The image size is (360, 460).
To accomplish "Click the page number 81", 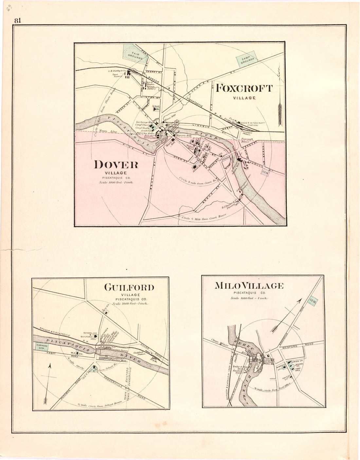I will (x=18, y=20).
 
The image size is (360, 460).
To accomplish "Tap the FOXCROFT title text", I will (x=244, y=88).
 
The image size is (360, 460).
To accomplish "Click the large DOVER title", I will (x=116, y=165).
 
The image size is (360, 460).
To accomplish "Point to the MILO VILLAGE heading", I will (x=249, y=286).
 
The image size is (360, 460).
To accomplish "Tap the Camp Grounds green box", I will (x=248, y=60).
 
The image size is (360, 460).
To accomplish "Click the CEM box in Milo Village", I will (x=312, y=302).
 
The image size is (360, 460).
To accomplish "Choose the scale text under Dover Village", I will (x=116, y=182).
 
